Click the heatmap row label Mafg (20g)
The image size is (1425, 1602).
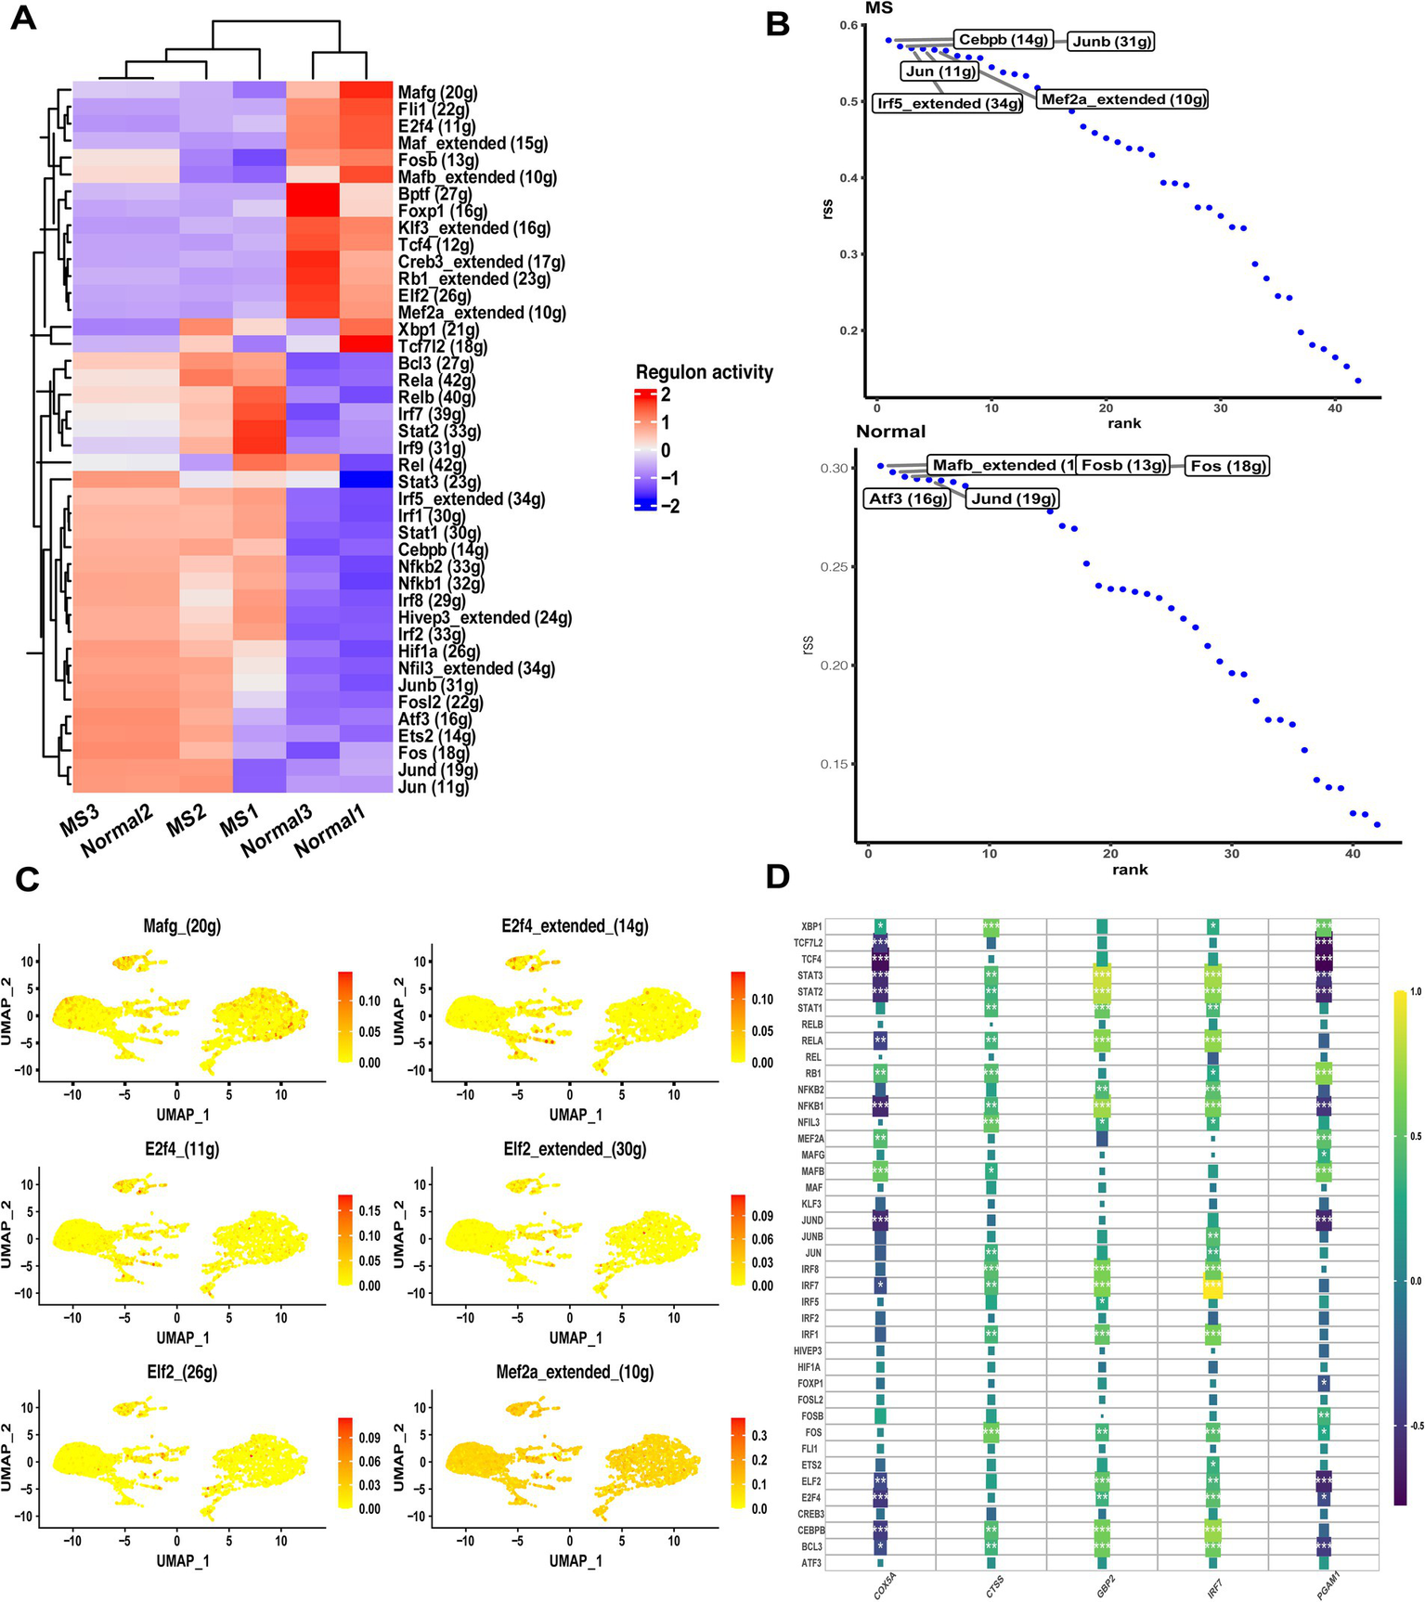pos(437,93)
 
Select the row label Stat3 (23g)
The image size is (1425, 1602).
pos(439,482)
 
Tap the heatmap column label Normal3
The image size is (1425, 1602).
pos(276,832)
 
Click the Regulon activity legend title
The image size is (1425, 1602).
pos(704,372)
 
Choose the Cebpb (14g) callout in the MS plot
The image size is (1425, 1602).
pos(1003,39)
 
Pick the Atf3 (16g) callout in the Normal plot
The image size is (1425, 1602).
pos(907,498)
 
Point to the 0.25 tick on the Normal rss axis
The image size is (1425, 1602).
pos(834,567)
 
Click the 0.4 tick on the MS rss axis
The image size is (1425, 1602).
pos(849,178)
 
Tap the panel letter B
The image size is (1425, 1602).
pos(778,22)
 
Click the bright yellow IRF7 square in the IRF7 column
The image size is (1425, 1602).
pos(1212,1285)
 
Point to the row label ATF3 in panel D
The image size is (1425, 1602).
pos(810,1563)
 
